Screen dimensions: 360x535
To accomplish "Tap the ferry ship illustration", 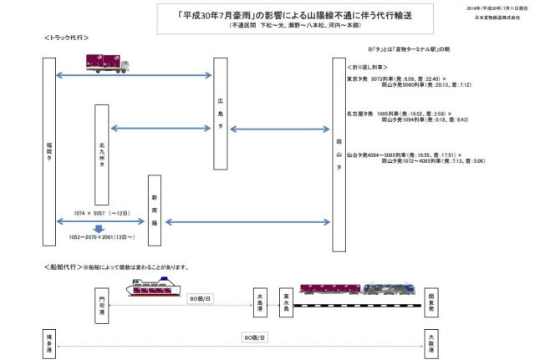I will (x=153, y=288).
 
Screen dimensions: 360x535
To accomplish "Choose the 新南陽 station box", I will (x=155, y=210).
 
